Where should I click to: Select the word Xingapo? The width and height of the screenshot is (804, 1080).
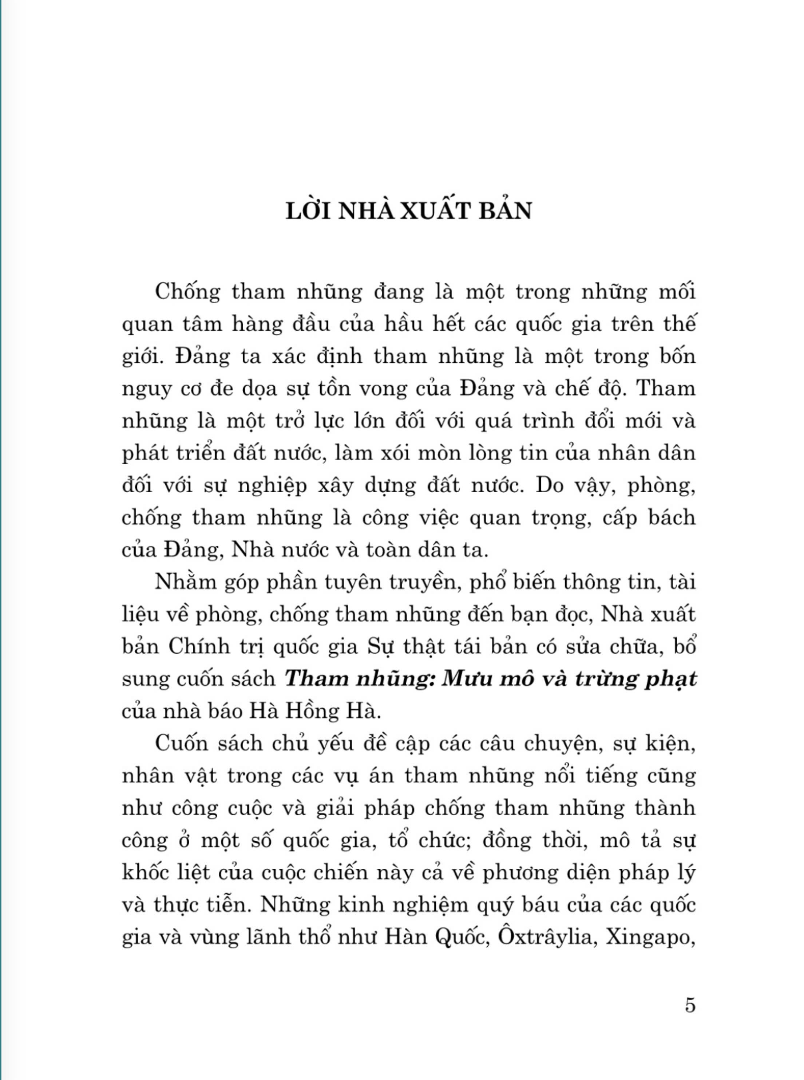point(650,937)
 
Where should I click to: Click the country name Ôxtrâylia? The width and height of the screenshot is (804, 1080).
point(547,937)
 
